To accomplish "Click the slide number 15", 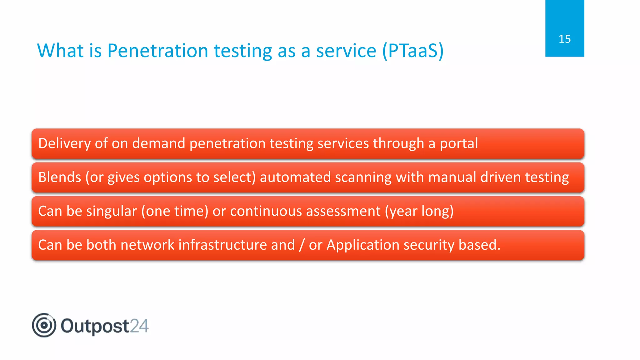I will coord(564,39).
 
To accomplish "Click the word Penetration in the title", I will coord(157,51).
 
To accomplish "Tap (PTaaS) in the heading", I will coord(413,51).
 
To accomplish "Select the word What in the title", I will coord(60,51).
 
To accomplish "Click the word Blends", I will coord(59,177).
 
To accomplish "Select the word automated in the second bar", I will coord(295,177).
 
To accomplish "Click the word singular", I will coord(111,211).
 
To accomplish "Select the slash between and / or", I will coord(302,245).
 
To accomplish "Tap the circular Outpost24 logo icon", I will coord(44,325).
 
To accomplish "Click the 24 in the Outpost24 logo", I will coord(139,326).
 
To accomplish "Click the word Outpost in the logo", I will coord(95,326).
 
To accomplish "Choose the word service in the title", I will coord(346,51).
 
